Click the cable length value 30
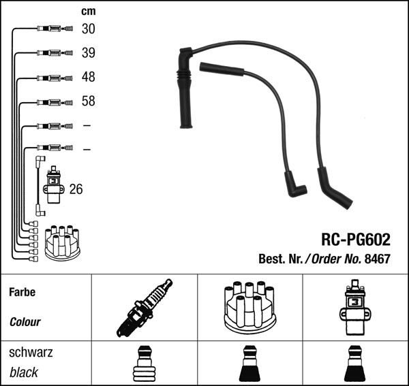tap(89, 29)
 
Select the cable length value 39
tap(89, 53)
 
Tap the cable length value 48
tap(89, 78)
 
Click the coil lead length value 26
tap(76, 189)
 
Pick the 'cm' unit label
tap(88, 11)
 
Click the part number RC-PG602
tap(355, 240)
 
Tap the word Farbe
tap(22, 292)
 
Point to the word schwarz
tap(30, 353)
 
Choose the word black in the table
tap(24, 372)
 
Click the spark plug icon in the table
tap(145, 308)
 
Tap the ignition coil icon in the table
tap(355, 308)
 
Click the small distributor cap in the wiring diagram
tap(62, 242)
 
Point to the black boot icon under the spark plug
tap(144, 364)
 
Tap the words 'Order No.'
tap(335, 259)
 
